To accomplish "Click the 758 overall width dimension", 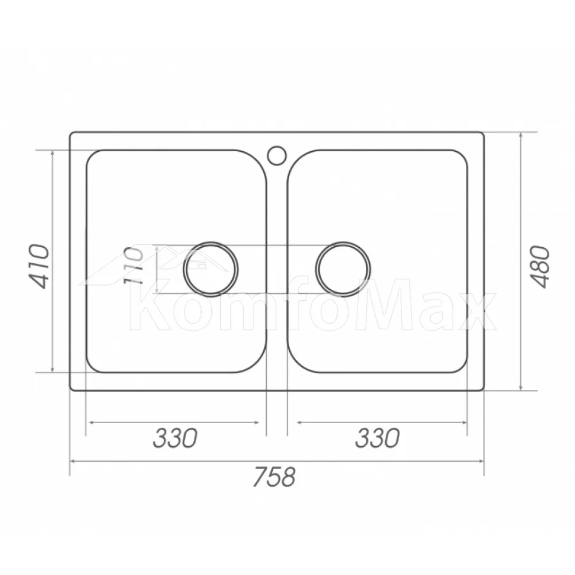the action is [x=274, y=476].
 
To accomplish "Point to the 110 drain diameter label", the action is [x=133, y=266].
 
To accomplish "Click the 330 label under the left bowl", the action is [x=175, y=438].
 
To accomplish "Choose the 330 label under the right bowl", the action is [x=377, y=438].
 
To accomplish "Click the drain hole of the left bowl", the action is [x=210, y=269].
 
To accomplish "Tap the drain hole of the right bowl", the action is [x=343, y=269].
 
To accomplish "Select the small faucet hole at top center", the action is [x=277, y=155].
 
